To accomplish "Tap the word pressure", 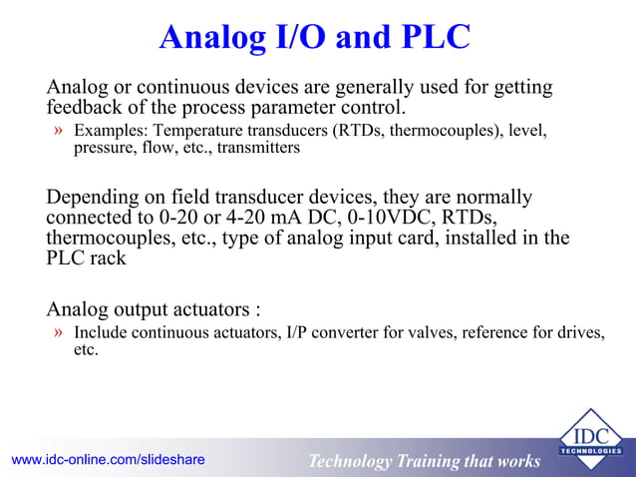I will tap(103, 148).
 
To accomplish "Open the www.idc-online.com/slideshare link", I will tap(108, 460).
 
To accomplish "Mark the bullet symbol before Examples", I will tap(60, 131).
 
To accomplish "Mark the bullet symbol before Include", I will tap(60, 332).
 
